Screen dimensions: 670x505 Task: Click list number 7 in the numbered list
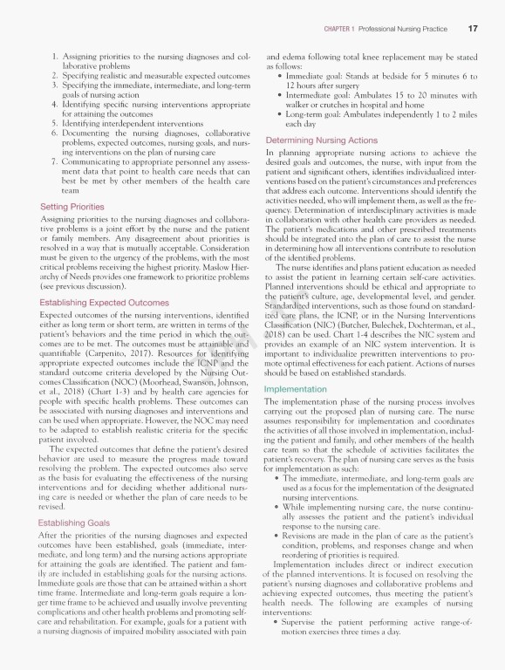click(x=53, y=162)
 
